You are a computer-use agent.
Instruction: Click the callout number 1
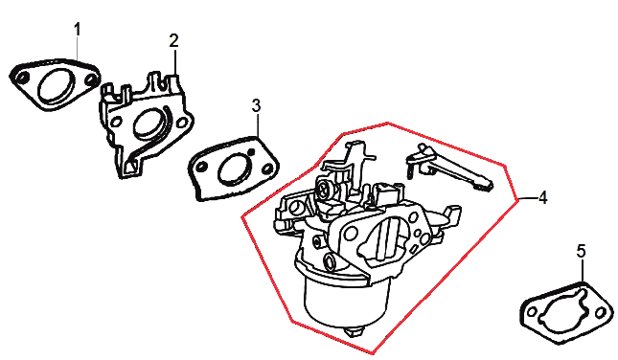[78, 30]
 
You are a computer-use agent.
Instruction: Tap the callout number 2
[173, 40]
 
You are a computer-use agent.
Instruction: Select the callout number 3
[256, 105]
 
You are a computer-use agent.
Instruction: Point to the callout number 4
[542, 197]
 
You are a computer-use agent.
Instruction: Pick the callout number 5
[582, 251]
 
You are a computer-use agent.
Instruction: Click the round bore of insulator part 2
[149, 124]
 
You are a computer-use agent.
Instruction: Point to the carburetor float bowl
[345, 300]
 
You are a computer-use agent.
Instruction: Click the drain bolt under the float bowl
[355, 331]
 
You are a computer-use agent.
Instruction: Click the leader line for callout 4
[527, 198]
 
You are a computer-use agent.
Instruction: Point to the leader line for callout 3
[257, 124]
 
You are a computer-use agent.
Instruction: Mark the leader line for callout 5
[582, 271]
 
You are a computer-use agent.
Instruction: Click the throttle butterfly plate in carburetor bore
[388, 239]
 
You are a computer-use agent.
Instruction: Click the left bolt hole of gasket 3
[201, 167]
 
